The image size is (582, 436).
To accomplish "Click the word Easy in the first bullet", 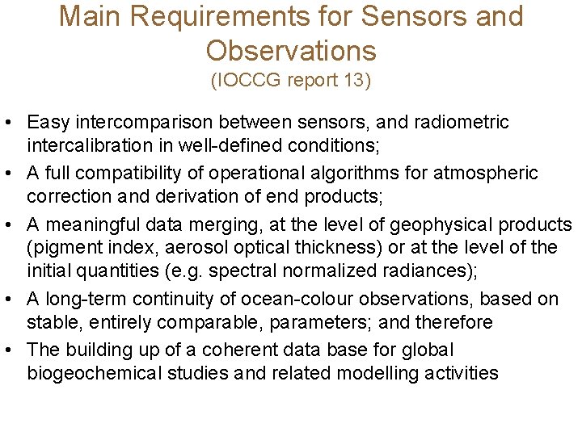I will click(x=48, y=123).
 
